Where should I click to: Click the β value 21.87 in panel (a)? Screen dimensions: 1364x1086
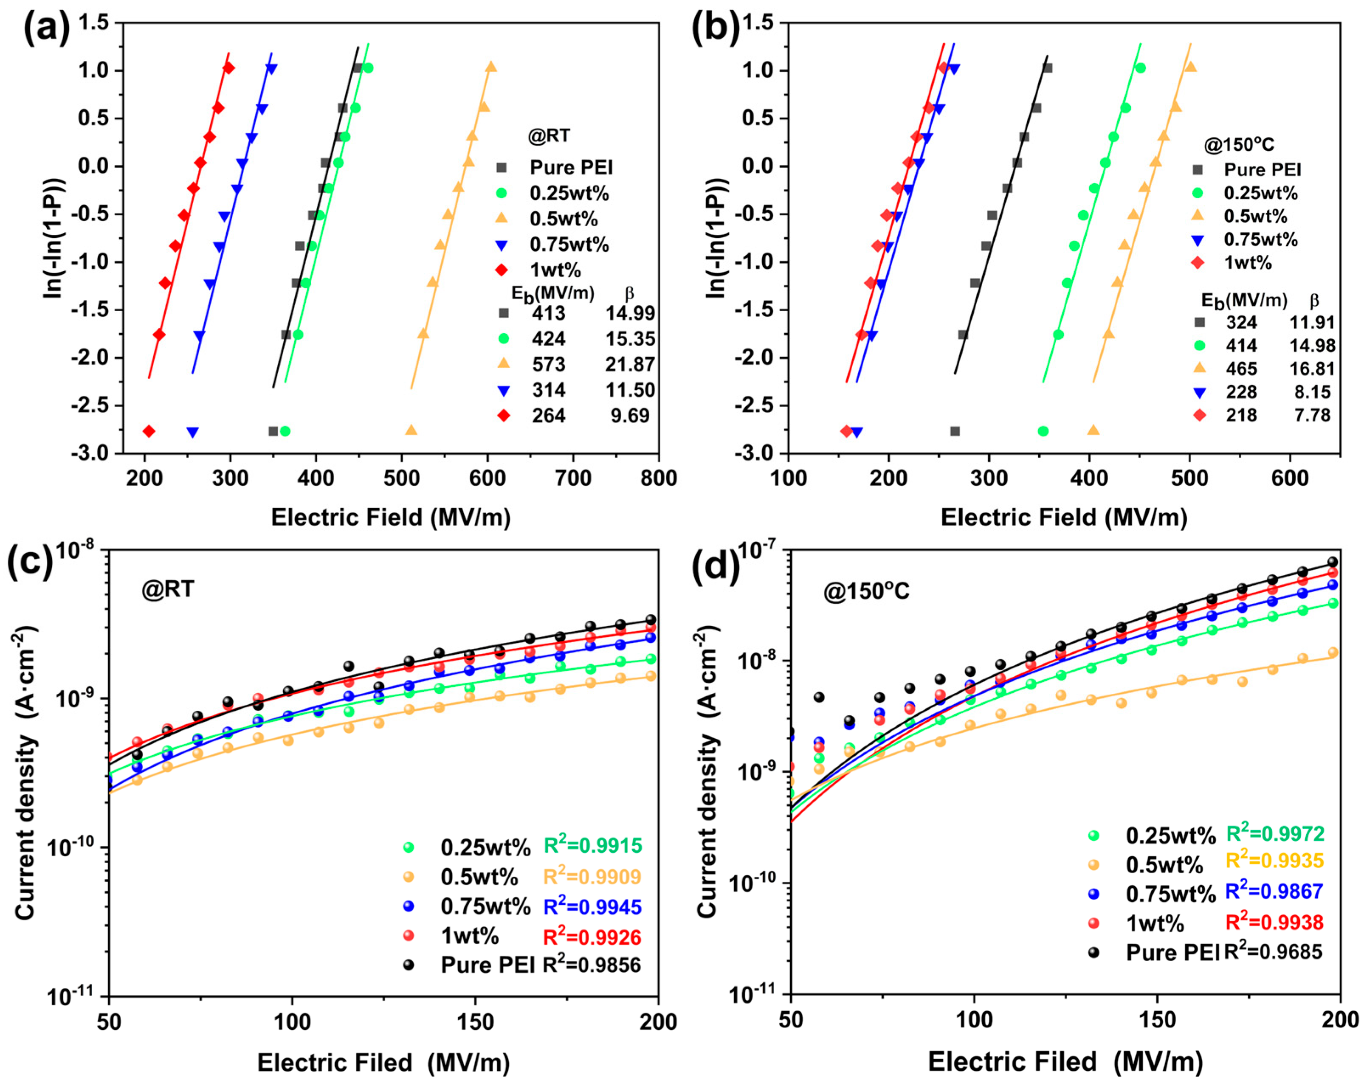[630, 364]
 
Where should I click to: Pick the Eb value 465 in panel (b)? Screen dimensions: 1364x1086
[1241, 369]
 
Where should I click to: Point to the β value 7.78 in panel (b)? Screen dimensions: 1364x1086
[1312, 415]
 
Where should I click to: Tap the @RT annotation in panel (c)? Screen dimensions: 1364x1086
[168, 590]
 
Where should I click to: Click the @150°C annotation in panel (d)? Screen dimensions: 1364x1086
[866, 591]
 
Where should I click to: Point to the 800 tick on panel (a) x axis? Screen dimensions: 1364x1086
[659, 478]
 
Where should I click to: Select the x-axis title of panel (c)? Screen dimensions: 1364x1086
[383, 1063]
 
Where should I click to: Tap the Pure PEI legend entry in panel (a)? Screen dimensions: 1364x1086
[557, 168]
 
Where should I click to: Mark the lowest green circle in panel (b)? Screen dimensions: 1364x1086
[1043, 431]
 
